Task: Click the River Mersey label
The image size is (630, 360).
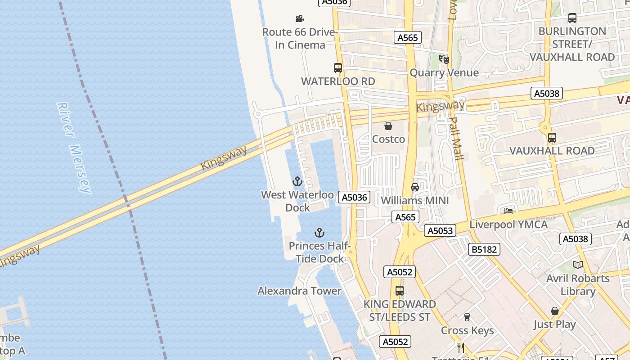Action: point(74,148)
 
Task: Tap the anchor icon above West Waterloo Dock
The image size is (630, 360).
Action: point(297,181)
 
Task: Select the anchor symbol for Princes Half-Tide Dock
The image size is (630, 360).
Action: point(319,233)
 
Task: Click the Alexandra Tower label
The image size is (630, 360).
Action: point(299,291)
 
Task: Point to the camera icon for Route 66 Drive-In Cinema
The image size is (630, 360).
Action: point(300,18)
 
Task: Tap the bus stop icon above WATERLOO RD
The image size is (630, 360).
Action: point(338,68)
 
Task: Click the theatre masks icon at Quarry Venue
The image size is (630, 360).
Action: point(444,59)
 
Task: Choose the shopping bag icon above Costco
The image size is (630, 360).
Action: point(388,126)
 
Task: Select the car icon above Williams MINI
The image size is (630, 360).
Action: point(415,187)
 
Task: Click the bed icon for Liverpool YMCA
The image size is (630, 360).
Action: point(508,211)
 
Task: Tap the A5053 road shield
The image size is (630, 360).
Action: point(440,231)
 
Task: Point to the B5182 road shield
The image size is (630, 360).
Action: point(484,249)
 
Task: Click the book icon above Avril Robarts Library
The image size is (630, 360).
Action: point(578,265)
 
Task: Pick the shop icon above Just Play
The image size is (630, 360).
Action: point(555,311)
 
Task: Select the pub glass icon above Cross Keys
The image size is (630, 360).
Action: point(467,317)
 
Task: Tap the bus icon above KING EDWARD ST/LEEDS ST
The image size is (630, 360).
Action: point(400,291)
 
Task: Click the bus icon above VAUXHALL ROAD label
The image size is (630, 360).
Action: point(552,138)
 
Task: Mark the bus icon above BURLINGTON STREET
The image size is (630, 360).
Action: point(572,18)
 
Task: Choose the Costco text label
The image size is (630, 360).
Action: point(388,139)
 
